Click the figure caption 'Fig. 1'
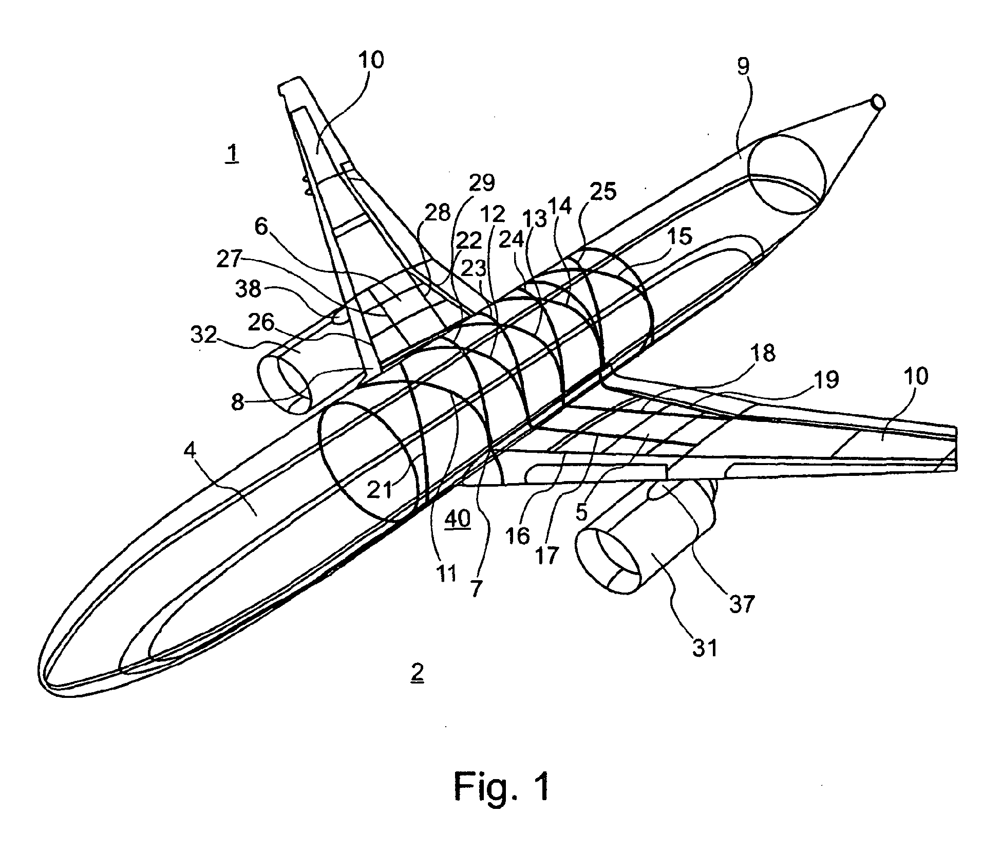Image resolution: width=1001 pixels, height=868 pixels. (x=501, y=786)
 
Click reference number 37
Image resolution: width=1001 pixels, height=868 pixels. (x=741, y=603)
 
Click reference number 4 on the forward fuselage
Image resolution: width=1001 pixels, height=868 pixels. (x=191, y=451)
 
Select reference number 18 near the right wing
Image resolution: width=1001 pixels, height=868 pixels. (x=762, y=353)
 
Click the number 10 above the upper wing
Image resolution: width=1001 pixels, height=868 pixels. (x=371, y=60)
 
